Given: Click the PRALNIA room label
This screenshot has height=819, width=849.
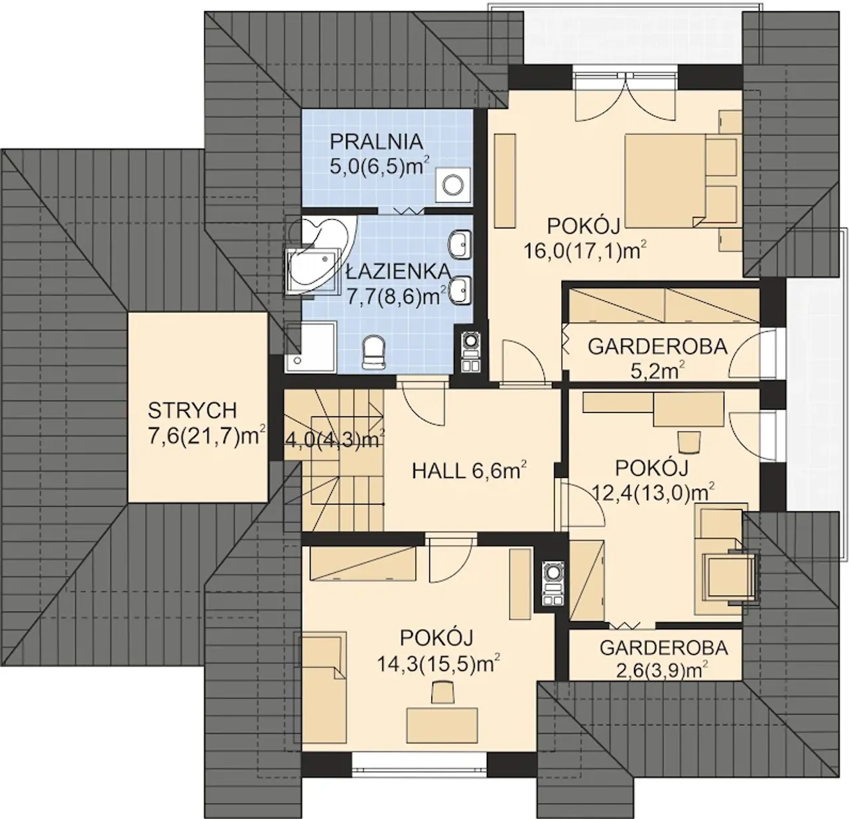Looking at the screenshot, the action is (376, 142).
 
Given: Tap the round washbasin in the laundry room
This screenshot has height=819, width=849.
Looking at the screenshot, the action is (454, 185).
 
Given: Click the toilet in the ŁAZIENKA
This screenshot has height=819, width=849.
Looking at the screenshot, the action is (374, 351).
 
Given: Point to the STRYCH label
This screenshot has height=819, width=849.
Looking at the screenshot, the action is (192, 410).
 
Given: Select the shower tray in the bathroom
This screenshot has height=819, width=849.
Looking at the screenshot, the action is (310, 347).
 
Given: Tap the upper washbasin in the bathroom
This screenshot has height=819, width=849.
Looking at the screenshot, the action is (460, 243).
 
